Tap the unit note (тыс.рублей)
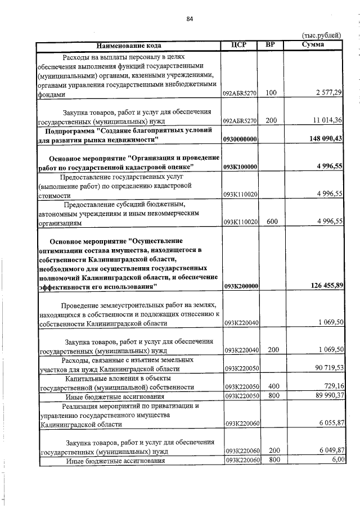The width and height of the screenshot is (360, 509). click(321, 35)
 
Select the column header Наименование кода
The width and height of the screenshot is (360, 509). click(129, 45)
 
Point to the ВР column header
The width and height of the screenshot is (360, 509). click(270, 45)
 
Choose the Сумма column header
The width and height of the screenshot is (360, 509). click(312, 45)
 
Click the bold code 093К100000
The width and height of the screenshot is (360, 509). click(240, 167)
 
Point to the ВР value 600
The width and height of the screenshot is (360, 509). click(272, 222)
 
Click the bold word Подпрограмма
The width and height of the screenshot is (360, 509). click(70, 130)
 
